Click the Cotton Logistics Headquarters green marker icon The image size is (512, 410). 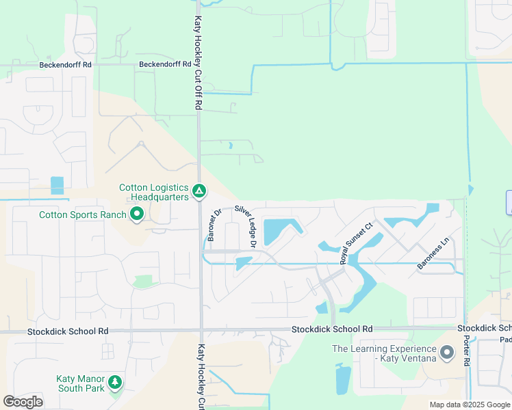199,192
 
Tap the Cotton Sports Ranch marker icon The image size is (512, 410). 137,215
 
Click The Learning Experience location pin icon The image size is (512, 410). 447,353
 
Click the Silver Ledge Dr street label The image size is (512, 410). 245,225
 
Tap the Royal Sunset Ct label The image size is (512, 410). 357,243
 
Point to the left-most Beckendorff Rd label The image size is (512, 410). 66,65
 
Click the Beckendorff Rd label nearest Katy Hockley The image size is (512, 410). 165,65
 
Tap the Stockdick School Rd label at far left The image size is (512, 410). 68,331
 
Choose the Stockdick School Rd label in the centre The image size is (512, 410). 332,329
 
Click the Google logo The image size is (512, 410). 23,402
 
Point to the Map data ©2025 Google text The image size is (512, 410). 469,405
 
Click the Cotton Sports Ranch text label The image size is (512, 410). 83,215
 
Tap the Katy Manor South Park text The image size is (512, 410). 80,383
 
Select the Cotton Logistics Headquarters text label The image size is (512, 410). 154,192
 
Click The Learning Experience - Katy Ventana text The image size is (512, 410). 383,353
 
